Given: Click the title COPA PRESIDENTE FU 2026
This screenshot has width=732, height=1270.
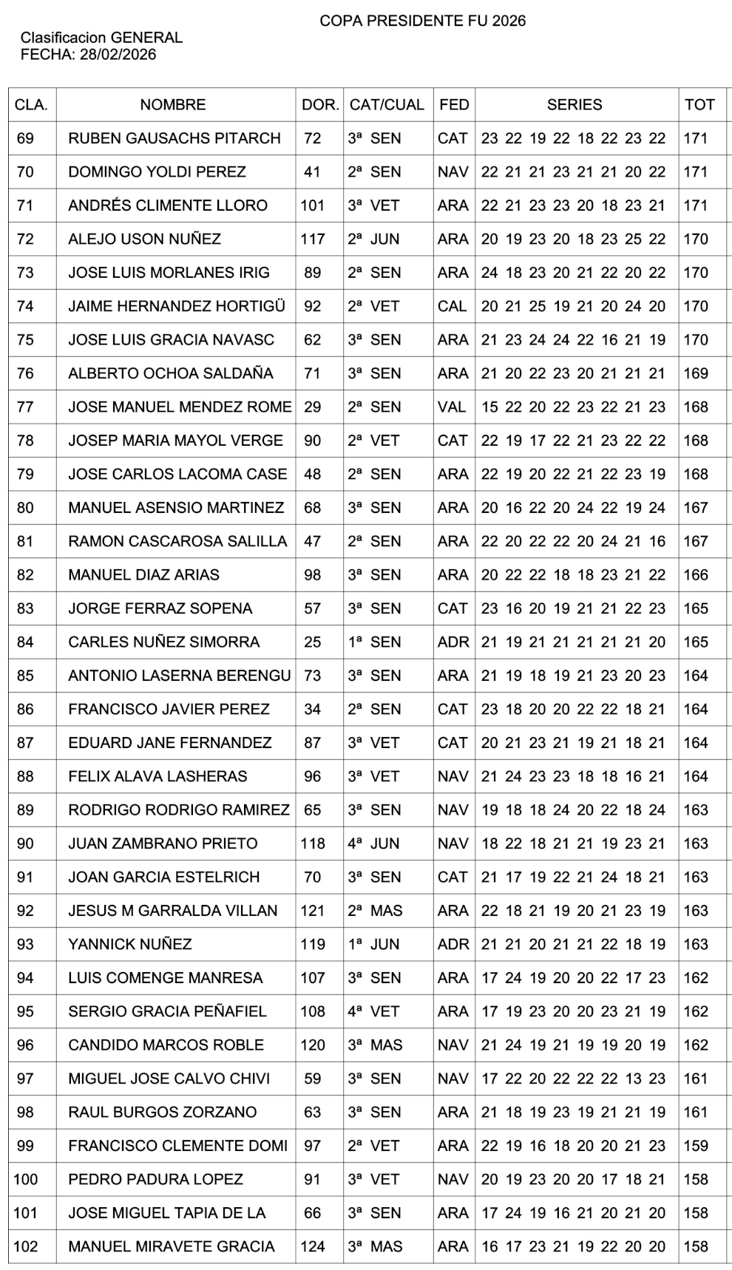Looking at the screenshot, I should [422, 21].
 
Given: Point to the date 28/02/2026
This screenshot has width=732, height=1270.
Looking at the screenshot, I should [118, 55].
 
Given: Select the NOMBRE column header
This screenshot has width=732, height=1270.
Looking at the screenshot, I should [173, 105].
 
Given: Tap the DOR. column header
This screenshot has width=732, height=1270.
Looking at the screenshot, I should [320, 105].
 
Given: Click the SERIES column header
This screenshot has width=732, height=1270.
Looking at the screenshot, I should [575, 105].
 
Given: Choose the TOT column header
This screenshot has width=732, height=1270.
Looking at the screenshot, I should [699, 105].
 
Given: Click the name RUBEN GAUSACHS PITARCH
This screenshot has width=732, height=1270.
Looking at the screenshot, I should [174, 138].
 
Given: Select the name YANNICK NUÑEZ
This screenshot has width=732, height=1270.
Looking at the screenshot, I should [130, 944].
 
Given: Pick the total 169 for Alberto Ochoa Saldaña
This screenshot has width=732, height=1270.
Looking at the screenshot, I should [696, 373].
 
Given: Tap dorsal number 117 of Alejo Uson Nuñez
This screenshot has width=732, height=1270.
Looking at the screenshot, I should [313, 239].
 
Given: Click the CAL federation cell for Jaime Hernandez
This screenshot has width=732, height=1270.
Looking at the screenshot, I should [453, 306].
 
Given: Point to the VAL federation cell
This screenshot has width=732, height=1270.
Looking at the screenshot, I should [452, 407].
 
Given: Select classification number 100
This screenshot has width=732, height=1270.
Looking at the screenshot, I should [25, 1179].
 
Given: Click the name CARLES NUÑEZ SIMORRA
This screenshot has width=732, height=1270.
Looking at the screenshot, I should [164, 642].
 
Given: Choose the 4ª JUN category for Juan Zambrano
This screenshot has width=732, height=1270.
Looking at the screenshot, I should [374, 843].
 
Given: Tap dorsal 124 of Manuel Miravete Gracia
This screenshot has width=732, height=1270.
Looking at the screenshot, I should [313, 1246].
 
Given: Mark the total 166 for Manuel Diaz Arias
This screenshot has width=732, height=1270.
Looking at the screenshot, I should [696, 574].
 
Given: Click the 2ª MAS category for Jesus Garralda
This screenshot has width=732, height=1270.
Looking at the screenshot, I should [376, 911].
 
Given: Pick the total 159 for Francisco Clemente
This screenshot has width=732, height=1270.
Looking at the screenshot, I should [696, 1146].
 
